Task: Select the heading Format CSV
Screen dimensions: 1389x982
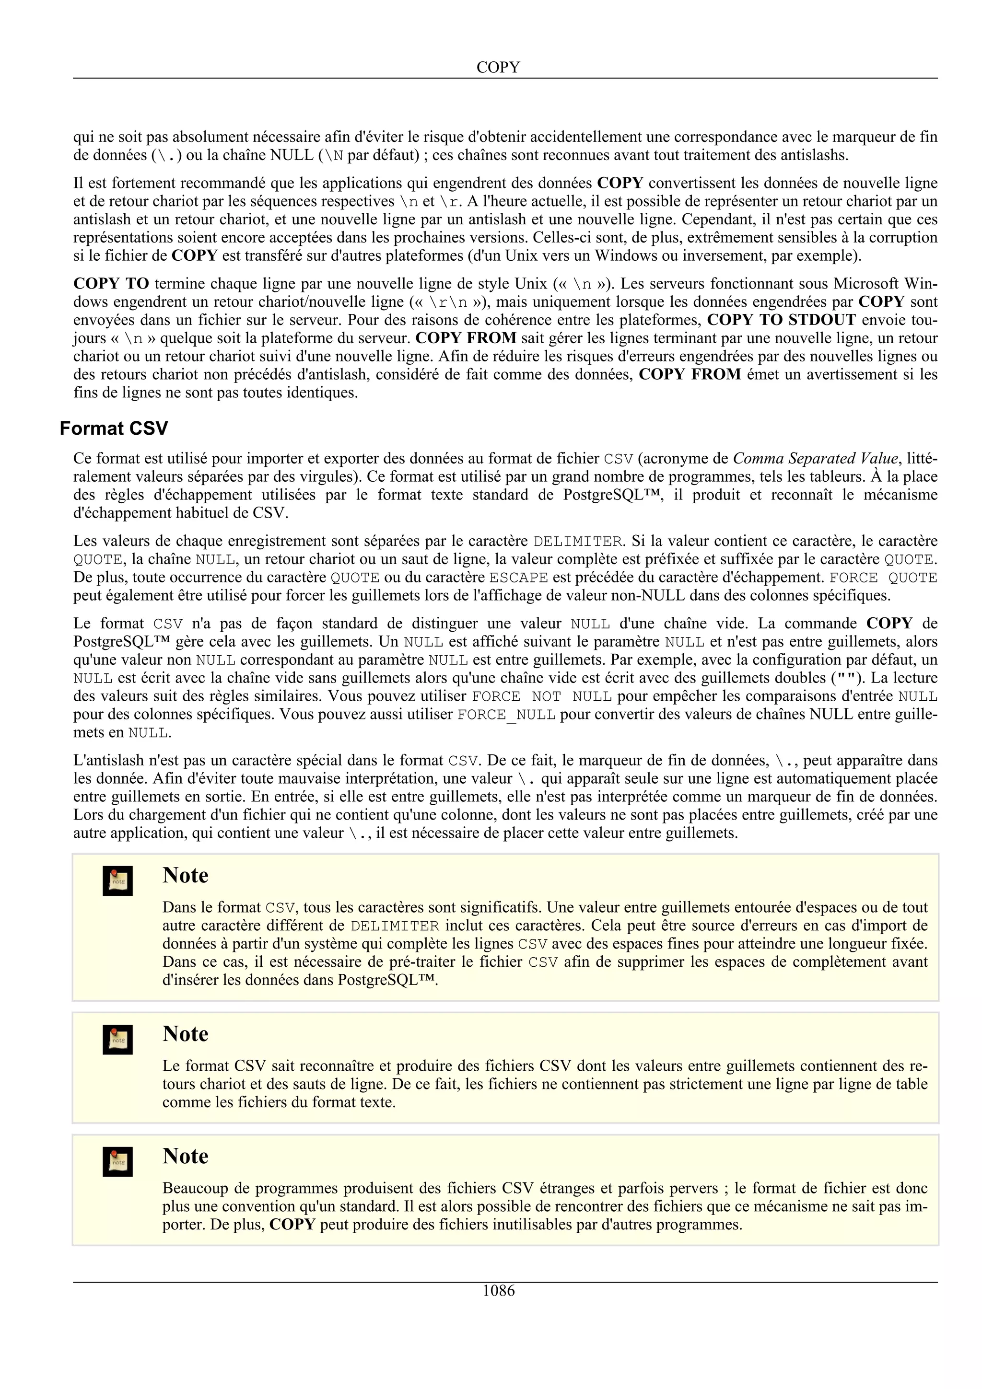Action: pyautogui.click(x=113, y=428)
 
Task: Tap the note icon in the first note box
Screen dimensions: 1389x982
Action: pyautogui.click(x=117, y=881)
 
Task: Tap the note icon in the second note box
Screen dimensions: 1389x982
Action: pyautogui.click(x=117, y=1039)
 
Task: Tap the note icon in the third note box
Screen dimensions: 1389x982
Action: pyautogui.click(x=117, y=1161)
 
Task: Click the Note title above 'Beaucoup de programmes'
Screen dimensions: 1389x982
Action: pyautogui.click(x=185, y=1156)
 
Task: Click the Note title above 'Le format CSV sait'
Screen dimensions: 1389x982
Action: pyautogui.click(x=185, y=1034)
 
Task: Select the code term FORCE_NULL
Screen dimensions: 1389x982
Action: pyautogui.click(x=506, y=715)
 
